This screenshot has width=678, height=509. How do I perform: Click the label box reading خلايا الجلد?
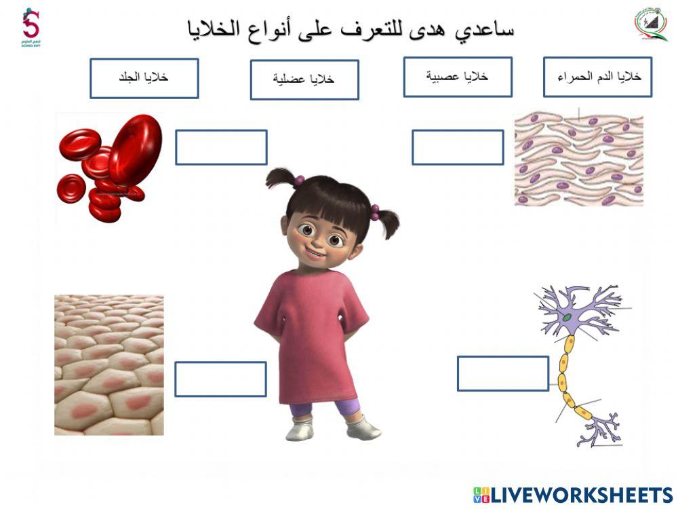pyautogui.click(x=144, y=77)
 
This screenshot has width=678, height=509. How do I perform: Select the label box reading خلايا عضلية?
pyautogui.click(x=304, y=79)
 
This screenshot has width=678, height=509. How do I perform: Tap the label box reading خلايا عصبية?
pyautogui.click(x=458, y=77)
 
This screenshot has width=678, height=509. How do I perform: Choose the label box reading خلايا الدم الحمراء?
pyautogui.click(x=597, y=77)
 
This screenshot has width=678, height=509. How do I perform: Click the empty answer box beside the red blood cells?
pyautogui.click(x=221, y=147)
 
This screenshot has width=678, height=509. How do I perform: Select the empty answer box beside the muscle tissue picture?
pyautogui.click(x=458, y=147)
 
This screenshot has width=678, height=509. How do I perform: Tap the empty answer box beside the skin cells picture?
pyautogui.click(x=220, y=379)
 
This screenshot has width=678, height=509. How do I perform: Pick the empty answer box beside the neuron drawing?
pyautogui.click(x=502, y=373)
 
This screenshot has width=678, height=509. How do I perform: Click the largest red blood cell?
pyautogui.click(x=135, y=149)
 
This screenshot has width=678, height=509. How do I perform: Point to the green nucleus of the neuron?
pyautogui.click(x=565, y=317)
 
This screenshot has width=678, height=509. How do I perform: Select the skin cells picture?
pyautogui.click(x=108, y=364)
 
